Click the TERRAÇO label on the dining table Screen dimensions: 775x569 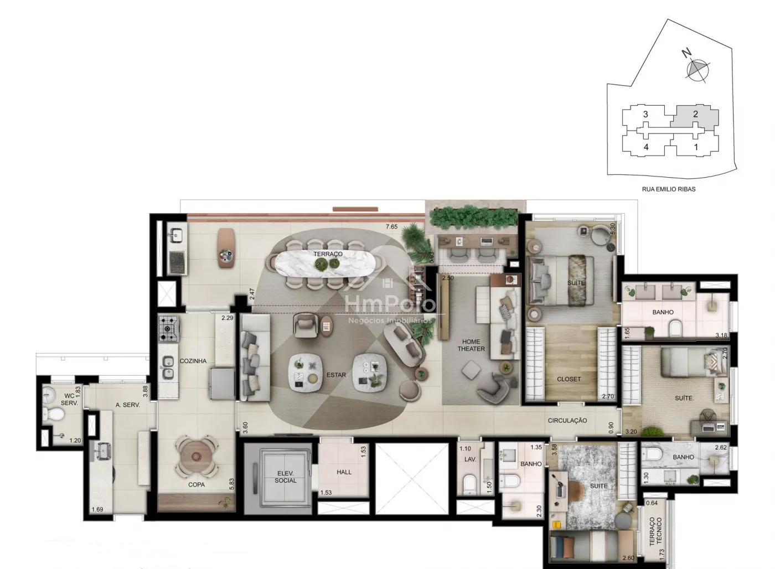328,254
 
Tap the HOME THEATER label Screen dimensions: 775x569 471,345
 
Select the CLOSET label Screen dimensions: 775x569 569,379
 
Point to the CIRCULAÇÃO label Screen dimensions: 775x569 567,421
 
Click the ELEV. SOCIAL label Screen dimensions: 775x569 286,477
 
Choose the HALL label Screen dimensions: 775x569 344,472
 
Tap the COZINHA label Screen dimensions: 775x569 193,361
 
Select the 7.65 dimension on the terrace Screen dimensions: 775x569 392,227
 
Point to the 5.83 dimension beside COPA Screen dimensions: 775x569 232,484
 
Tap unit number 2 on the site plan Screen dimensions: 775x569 695,114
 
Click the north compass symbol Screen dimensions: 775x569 697,70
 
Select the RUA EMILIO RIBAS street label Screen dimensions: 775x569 669,189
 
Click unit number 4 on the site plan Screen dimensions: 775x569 645,147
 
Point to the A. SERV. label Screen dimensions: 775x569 128,405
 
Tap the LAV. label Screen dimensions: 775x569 470,459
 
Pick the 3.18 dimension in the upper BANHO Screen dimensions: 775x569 721,335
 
